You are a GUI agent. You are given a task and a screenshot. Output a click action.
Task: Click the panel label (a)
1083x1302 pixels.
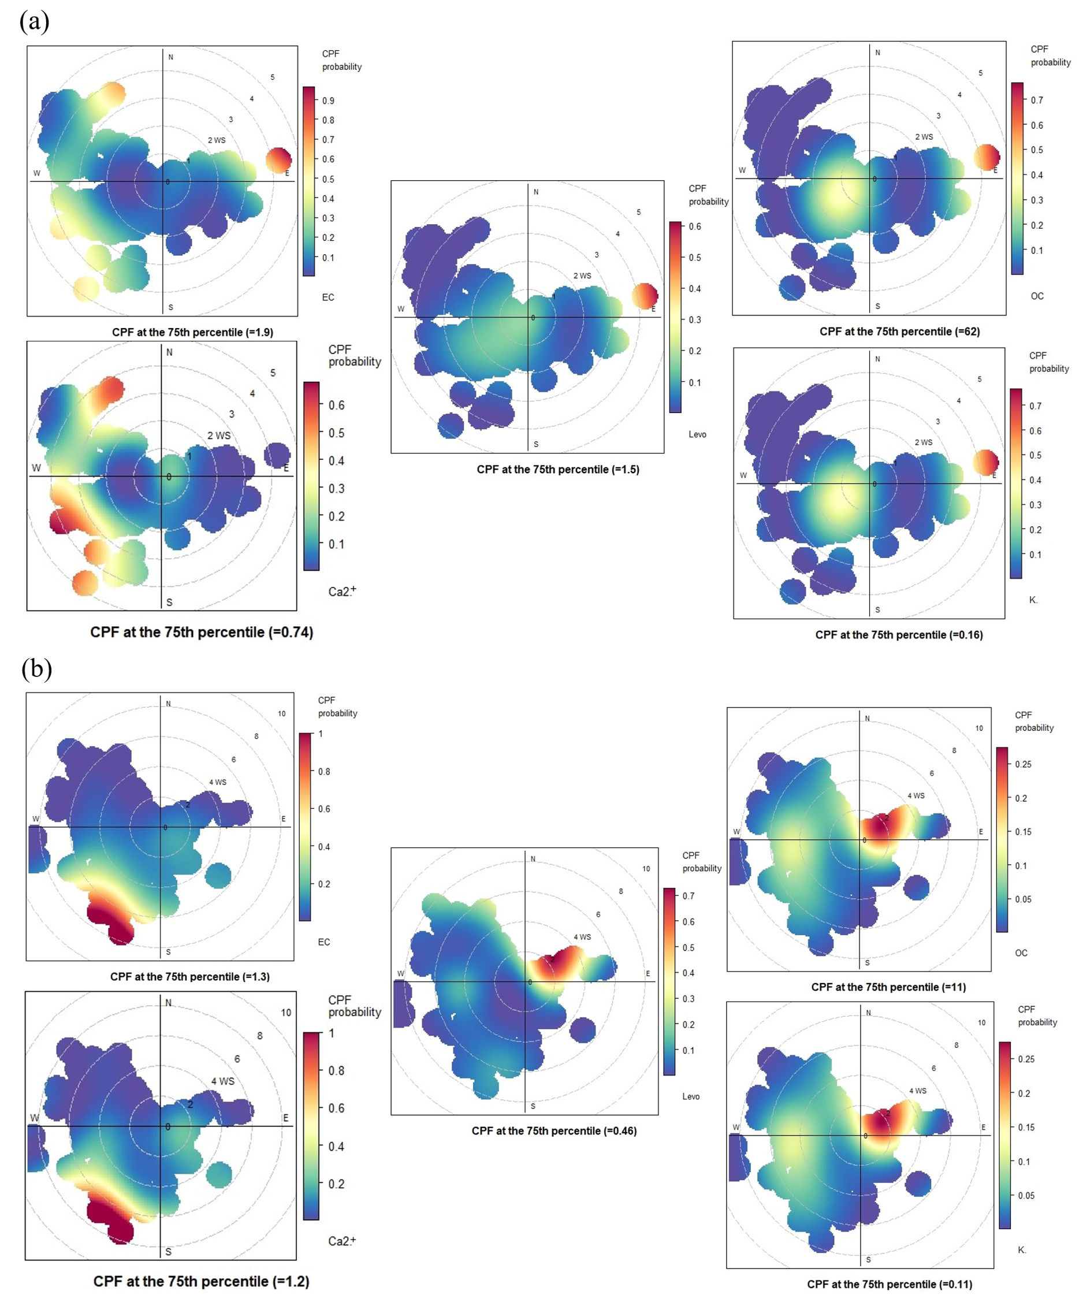tap(34, 22)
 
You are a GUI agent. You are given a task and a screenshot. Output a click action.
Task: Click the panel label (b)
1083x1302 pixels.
tap(36, 668)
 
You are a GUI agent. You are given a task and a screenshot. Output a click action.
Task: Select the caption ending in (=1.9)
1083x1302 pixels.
tap(192, 332)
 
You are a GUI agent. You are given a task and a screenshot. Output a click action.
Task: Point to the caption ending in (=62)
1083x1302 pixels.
tap(899, 332)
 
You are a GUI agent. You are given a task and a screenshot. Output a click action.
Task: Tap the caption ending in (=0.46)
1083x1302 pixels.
tap(553, 1131)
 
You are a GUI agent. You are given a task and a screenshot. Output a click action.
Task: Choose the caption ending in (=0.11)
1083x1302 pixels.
tap(889, 1284)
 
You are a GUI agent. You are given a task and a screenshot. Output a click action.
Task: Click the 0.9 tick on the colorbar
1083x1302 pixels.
tap(328, 101)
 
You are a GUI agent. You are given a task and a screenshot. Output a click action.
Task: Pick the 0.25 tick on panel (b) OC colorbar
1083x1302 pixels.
tap(1023, 764)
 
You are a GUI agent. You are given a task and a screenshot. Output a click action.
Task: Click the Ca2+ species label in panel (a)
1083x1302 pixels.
tap(341, 592)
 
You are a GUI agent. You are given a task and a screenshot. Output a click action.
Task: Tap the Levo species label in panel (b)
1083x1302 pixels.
tap(691, 1096)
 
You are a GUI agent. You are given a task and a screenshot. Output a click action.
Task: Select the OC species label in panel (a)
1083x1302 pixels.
tap(1037, 296)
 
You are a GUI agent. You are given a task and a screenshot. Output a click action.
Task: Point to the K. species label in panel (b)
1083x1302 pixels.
tap(1022, 1249)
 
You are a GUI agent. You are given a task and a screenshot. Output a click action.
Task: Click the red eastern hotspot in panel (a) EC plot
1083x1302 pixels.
tap(278, 160)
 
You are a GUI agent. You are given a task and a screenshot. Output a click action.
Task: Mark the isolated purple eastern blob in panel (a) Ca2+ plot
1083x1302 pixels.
tap(277, 455)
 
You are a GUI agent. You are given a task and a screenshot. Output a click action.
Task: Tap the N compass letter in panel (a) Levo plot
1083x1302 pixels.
tap(535, 192)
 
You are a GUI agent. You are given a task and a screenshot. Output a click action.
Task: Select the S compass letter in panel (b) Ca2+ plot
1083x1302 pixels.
tap(168, 1252)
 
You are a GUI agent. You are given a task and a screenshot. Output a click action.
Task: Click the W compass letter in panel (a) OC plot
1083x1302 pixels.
tap(742, 170)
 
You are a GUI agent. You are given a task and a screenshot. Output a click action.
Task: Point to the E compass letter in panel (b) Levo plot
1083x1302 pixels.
tap(648, 973)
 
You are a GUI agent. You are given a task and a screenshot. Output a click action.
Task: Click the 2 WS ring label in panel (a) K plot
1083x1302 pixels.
tap(923, 442)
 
